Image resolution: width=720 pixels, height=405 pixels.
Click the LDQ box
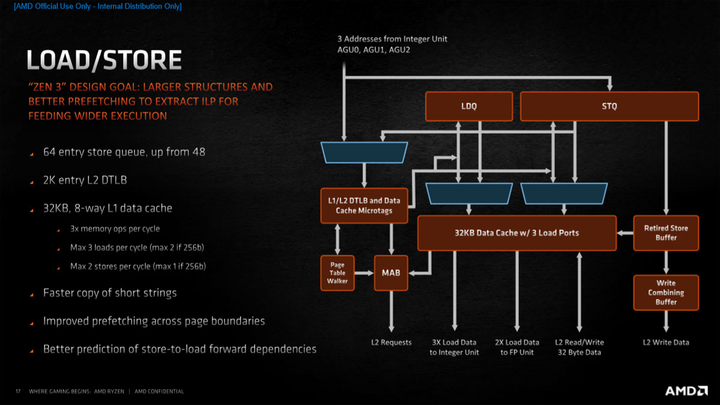(469, 106)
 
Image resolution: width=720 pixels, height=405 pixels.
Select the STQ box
(609, 106)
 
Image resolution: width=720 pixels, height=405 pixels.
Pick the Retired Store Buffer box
(666, 233)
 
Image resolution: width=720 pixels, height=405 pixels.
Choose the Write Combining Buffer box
(666, 292)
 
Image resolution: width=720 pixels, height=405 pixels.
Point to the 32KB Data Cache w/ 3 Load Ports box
(517, 233)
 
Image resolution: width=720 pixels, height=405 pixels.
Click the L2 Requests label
(391, 343)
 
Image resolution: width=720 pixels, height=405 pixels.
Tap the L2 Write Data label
(666, 343)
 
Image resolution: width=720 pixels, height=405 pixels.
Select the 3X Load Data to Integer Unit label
(454, 347)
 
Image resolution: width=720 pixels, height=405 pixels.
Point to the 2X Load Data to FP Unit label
(517, 347)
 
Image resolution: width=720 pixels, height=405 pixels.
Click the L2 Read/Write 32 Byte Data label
(579, 347)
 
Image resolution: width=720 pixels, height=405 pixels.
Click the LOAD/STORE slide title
(104, 61)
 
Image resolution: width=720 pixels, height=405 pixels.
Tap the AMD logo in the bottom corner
(686, 391)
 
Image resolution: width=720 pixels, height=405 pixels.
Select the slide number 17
(18, 392)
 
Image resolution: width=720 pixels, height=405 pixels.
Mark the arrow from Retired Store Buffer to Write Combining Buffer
(666, 262)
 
